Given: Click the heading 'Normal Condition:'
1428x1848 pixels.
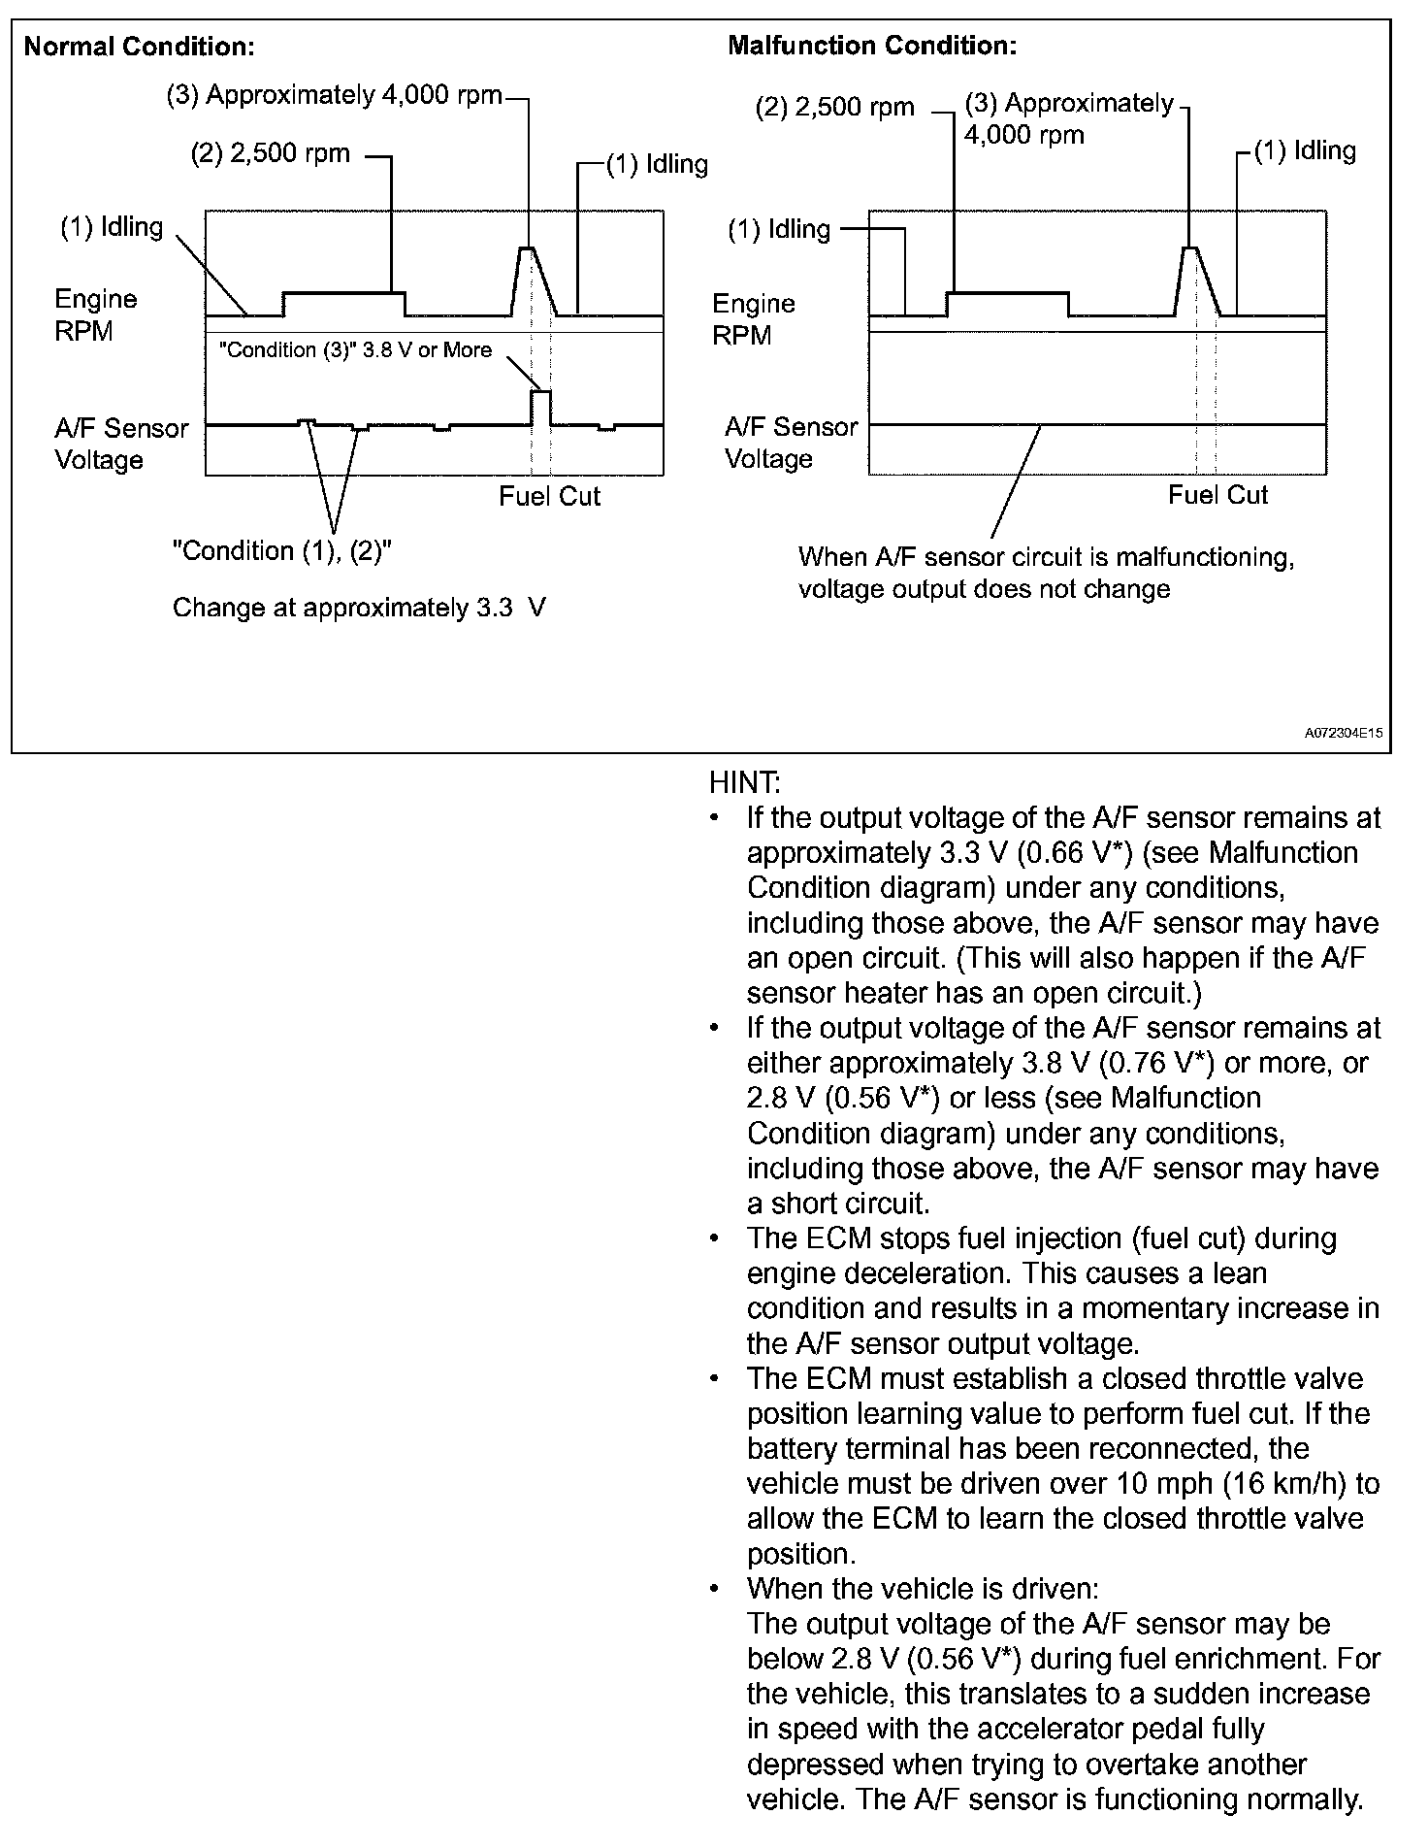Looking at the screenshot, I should [139, 47].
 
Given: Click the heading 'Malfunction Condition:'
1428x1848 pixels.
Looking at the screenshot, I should [872, 46].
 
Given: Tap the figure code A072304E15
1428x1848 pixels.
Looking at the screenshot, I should [1343, 735].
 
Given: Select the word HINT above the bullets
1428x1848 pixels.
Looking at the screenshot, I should [744, 782].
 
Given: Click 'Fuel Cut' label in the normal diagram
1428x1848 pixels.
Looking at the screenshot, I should [549, 496].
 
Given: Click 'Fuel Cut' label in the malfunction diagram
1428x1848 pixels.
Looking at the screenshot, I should [1217, 495].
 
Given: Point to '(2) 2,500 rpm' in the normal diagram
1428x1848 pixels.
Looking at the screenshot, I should [270, 154].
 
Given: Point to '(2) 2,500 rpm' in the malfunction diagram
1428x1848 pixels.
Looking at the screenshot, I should [834, 107].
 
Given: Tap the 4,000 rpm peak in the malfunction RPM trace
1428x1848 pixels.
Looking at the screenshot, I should [1189, 249].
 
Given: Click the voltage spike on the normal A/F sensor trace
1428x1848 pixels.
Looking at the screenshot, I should [540, 392].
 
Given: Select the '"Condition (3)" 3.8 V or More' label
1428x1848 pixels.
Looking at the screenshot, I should [355, 350].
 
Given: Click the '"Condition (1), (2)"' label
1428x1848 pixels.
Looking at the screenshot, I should [281, 551].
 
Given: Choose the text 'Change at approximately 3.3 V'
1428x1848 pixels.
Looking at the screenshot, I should [359, 609].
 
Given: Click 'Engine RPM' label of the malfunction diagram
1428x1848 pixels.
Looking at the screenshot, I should [753, 319].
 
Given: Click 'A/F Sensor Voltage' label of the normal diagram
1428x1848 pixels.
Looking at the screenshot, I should [120, 444].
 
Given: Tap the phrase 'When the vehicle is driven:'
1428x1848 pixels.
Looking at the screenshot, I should [923, 1589].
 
